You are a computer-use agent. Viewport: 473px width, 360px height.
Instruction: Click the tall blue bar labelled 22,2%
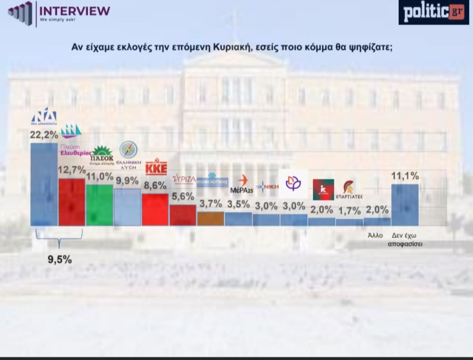click(44, 184)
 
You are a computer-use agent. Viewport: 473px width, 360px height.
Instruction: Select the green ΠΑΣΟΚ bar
click(99, 205)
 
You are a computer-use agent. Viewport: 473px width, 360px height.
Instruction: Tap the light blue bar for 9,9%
click(127, 207)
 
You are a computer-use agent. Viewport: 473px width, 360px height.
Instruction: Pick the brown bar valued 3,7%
click(210, 219)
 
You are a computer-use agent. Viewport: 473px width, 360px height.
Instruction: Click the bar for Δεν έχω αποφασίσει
click(405, 205)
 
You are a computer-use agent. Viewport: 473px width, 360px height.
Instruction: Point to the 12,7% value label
click(72, 170)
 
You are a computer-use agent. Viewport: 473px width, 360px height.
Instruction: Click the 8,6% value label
click(155, 186)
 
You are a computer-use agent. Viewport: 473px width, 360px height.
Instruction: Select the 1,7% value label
click(349, 211)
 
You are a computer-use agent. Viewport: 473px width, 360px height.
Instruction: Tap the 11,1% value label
click(405, 176)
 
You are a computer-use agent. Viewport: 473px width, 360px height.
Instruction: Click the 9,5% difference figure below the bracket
click(60, 260)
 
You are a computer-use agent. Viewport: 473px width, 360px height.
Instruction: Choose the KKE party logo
click(156, 168)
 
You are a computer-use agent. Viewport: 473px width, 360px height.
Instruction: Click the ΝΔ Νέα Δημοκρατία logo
click(44, 116)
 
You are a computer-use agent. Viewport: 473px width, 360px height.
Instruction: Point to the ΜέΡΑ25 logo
click(242, 184)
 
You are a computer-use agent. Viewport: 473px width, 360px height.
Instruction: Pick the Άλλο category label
click(375, 236)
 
